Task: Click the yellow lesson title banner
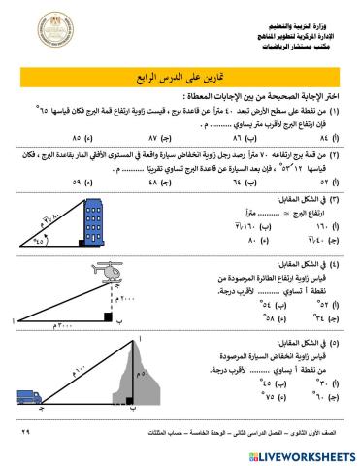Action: pyautogui.click(x=180, y=77)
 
